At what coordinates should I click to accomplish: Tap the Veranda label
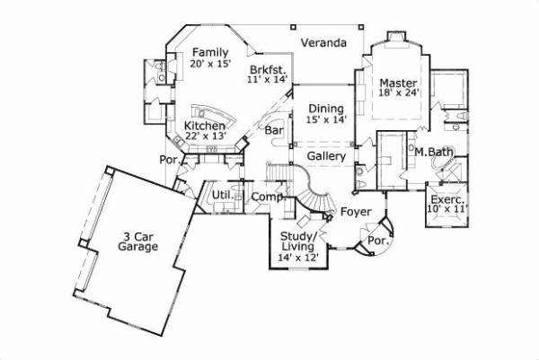point(323,43)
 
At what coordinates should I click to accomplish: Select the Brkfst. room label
point(268,68)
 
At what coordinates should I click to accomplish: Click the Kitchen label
point(205,127)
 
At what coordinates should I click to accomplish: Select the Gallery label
point(326,156)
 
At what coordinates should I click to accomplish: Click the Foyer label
point(354,212)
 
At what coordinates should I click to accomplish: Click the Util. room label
point(222,194)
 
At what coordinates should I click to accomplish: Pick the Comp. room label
point(267,197)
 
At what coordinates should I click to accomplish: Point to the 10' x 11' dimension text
point(446,209)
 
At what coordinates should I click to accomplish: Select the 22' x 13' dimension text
point(205,137)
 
